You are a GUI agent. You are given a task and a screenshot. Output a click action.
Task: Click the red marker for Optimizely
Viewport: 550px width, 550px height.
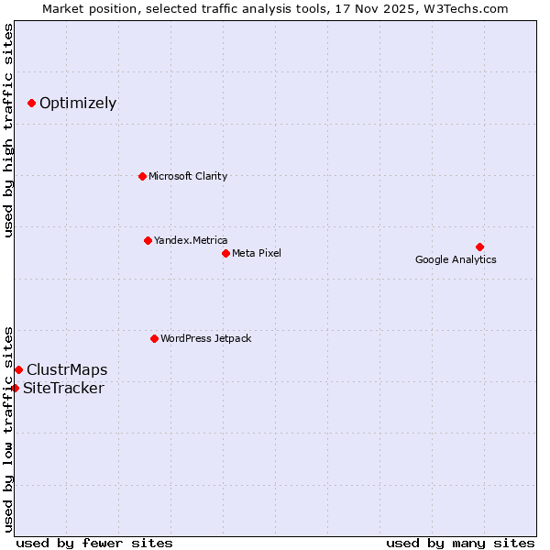pyautogui.click(x=31, y=103)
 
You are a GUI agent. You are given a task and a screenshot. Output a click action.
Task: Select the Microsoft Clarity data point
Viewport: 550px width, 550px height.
pyautogui.click(x=142, y=176)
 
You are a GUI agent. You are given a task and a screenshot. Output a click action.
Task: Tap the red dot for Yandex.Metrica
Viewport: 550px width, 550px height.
pyautogui.click(x=148, y=240)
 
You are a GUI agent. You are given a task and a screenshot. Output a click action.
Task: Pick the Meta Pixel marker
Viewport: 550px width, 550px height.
pyautogui.click(x=225, y=253)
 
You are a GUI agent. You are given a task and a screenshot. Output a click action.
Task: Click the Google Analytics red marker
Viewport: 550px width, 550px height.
pyautogui.click(x=479, y=247)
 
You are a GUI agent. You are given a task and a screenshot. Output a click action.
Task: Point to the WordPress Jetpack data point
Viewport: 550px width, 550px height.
pyautogui.click(x=154, y=338)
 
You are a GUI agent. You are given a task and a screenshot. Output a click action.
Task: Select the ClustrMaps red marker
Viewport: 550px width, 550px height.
pyautogui.click(x=18, y=369)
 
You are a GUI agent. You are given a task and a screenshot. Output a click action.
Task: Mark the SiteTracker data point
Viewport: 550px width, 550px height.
pyautogui.click(x=15, y=388)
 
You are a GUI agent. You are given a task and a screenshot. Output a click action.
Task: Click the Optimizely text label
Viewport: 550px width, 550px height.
pyautogui.click(x=78, y=103)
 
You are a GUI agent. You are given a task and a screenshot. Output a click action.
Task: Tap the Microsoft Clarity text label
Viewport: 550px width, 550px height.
pyautogui.click(x=188, y=176)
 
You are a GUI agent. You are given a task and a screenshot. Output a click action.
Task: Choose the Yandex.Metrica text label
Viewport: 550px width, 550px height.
pyautogui.click(x=191, y=240)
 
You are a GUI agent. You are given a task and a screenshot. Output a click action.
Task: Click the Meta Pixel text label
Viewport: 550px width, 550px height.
pyautogui.click(x=257, y=253)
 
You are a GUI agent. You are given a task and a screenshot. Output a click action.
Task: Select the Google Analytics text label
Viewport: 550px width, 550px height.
pyautogui.click(x=456, y=259)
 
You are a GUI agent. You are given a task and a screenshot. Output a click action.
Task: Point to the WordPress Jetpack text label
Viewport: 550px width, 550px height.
pyautogui.click(x=205, y=338)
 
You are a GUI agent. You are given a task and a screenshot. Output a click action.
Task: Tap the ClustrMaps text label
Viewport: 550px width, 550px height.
pyautogui.click(x=67, y=370)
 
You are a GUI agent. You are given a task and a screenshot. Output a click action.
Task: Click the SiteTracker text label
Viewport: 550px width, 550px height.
pyautogui.click(x=63, y=389)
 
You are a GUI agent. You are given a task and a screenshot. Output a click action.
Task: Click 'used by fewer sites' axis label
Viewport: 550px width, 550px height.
pyautogui.click(x=94, y=543)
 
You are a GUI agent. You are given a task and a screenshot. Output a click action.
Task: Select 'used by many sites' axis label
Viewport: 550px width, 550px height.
pyautogui.click(x=460, y=543)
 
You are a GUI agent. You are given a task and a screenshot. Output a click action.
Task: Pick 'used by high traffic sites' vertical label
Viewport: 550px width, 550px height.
pyautogui.click(x=8, y=130)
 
